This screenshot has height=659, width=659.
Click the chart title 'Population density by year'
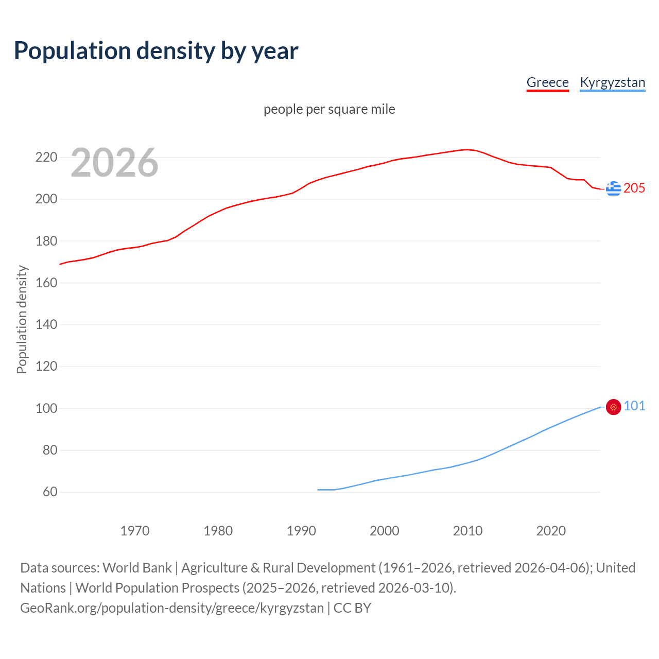[156, 50]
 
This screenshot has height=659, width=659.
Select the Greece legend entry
[547, 82]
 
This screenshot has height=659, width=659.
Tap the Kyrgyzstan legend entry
[612, 82]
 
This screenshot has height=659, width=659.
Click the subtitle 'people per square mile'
[329, 109]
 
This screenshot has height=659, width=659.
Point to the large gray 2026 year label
[114, 163]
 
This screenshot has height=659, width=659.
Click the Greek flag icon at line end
[613, 188]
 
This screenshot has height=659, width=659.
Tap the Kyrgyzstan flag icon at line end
[613, 407]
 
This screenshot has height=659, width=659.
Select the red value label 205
[634, 188]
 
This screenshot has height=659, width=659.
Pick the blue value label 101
[634, 406]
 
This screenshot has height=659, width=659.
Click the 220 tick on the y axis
[46, 157]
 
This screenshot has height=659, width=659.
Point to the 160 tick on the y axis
[46, 283]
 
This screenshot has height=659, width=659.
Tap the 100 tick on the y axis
[46, 408]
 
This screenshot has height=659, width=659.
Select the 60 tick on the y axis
[50, 492]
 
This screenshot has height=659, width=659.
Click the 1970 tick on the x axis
[135, 531]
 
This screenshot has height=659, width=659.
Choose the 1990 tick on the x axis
[301, 531]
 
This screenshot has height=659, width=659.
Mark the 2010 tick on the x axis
[467, 531]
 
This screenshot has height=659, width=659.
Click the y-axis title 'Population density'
[22, 319]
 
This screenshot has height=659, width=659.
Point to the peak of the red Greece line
[467, 150]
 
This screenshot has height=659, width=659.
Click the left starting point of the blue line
[318, 490]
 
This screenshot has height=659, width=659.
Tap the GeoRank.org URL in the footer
[172, 608]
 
